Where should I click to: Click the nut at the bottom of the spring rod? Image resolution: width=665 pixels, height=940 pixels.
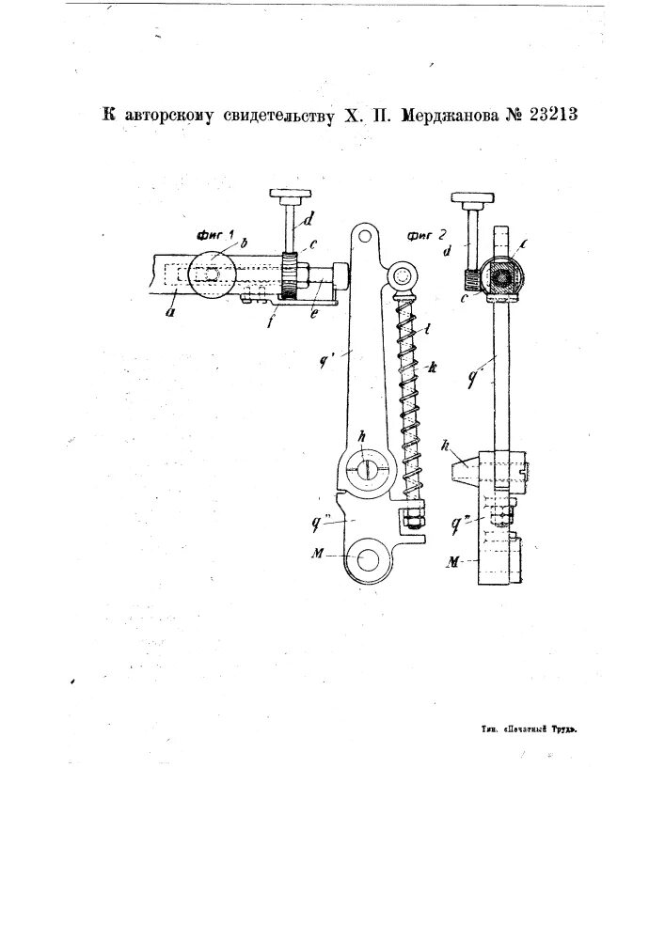tap(412, 516)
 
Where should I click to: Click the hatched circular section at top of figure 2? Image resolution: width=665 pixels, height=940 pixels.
tap(502, 278)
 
